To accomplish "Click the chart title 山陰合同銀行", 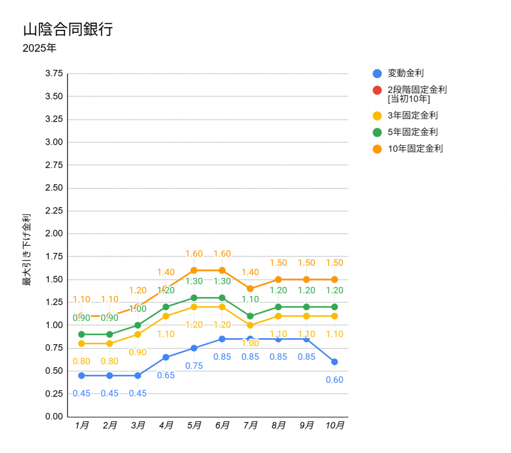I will click(68, 29).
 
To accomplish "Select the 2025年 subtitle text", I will click(39, 49).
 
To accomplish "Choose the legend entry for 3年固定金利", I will click(412, 116).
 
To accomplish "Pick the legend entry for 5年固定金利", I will click(412, 132).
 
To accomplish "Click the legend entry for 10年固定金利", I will click(415, 149).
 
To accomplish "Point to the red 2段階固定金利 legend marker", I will click(377, 90).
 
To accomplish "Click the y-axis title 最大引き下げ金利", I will click(26, 249).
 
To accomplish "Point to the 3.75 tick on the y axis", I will click(54, 73).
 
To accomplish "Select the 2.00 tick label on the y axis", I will click(54, 233).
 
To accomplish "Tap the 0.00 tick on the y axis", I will click(54, 417).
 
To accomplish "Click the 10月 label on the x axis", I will click(334, 426).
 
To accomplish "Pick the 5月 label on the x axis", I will click(194, 426).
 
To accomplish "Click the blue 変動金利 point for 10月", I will click(334, 362).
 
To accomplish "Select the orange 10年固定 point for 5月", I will click(194, 270).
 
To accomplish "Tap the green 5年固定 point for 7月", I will click(250, 316).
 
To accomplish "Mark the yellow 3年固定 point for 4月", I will click(166, 316).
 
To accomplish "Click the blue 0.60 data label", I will click(334, 380).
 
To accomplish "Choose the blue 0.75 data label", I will click(194, 366).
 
